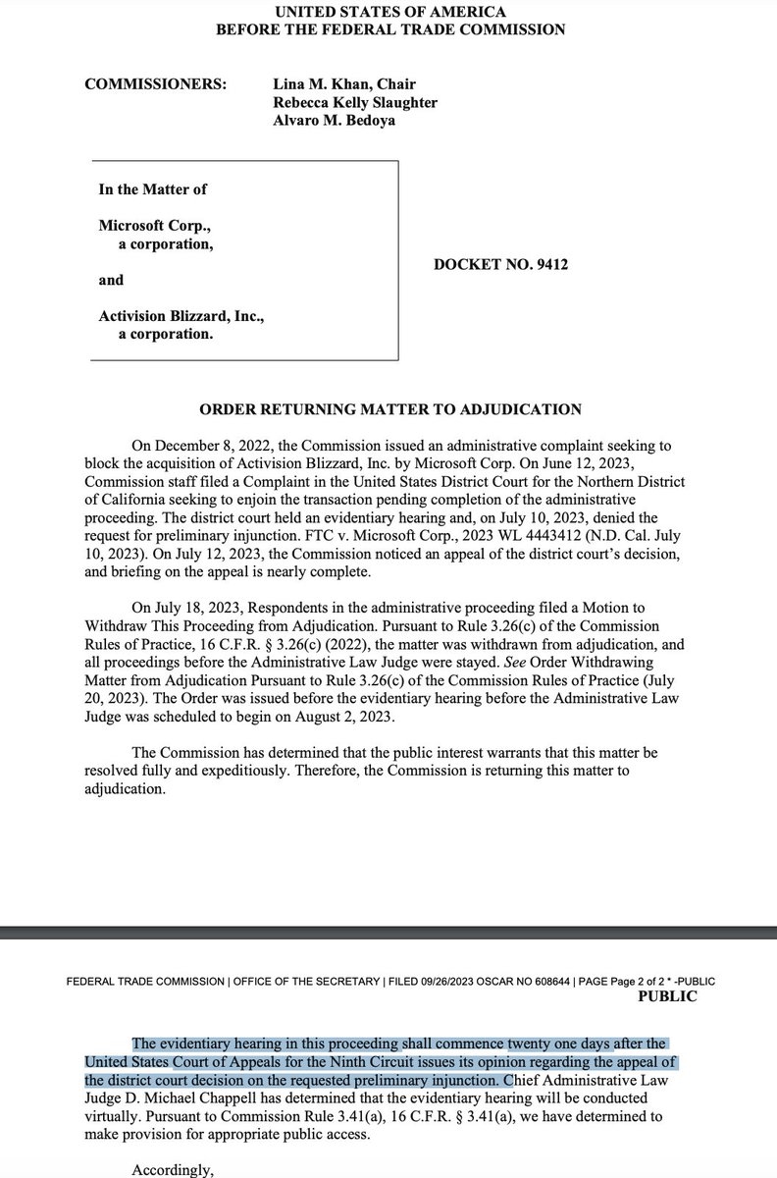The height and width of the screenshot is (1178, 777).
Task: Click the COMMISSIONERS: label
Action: tap(157, 84)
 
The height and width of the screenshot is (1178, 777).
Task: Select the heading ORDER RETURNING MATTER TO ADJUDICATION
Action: tap(388, 408)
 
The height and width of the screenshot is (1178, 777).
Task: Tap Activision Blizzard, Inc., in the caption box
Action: tap(182, 316)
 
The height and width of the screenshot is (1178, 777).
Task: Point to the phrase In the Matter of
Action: tap(152, 189)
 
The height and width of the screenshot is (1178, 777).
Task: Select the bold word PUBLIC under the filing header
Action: tap(667, 996)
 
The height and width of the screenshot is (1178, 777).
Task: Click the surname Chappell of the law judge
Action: tap(275, 1090)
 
